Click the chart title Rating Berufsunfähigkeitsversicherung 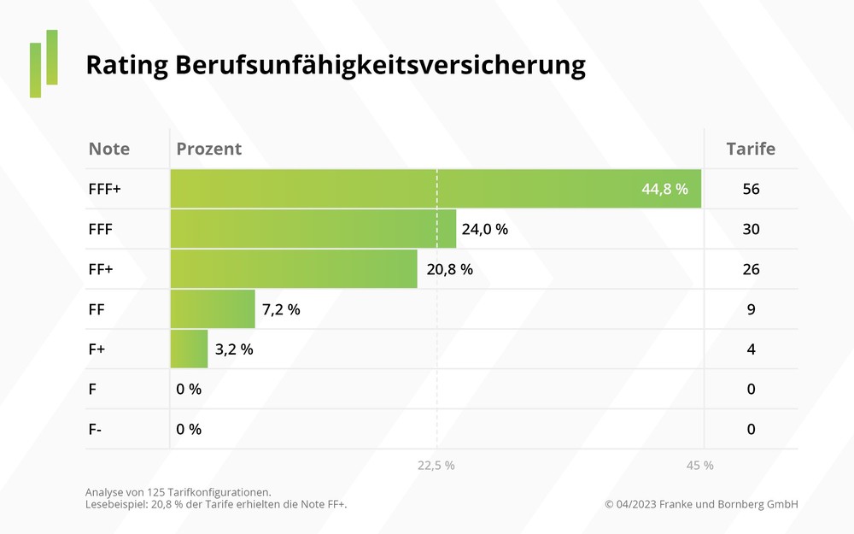(336, 66)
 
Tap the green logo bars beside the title (44, 63)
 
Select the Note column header (109, 149)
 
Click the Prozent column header (209, 149)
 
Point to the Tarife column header (751, 149)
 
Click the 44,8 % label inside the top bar (664, 189)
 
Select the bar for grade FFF (313, 229)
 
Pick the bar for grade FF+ (294, 269)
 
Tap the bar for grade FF (213, 309)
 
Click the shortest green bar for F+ (189, 349)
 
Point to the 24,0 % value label (484, 229)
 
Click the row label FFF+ (105, 189)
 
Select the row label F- (96, 429)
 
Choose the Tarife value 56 (751, 189)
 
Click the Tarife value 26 (751, 269)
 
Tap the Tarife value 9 (751, 309)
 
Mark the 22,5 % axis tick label (436, 466)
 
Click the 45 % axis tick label (699, 466)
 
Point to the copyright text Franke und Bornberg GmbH (701, 504)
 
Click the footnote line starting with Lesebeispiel (216, 504)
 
